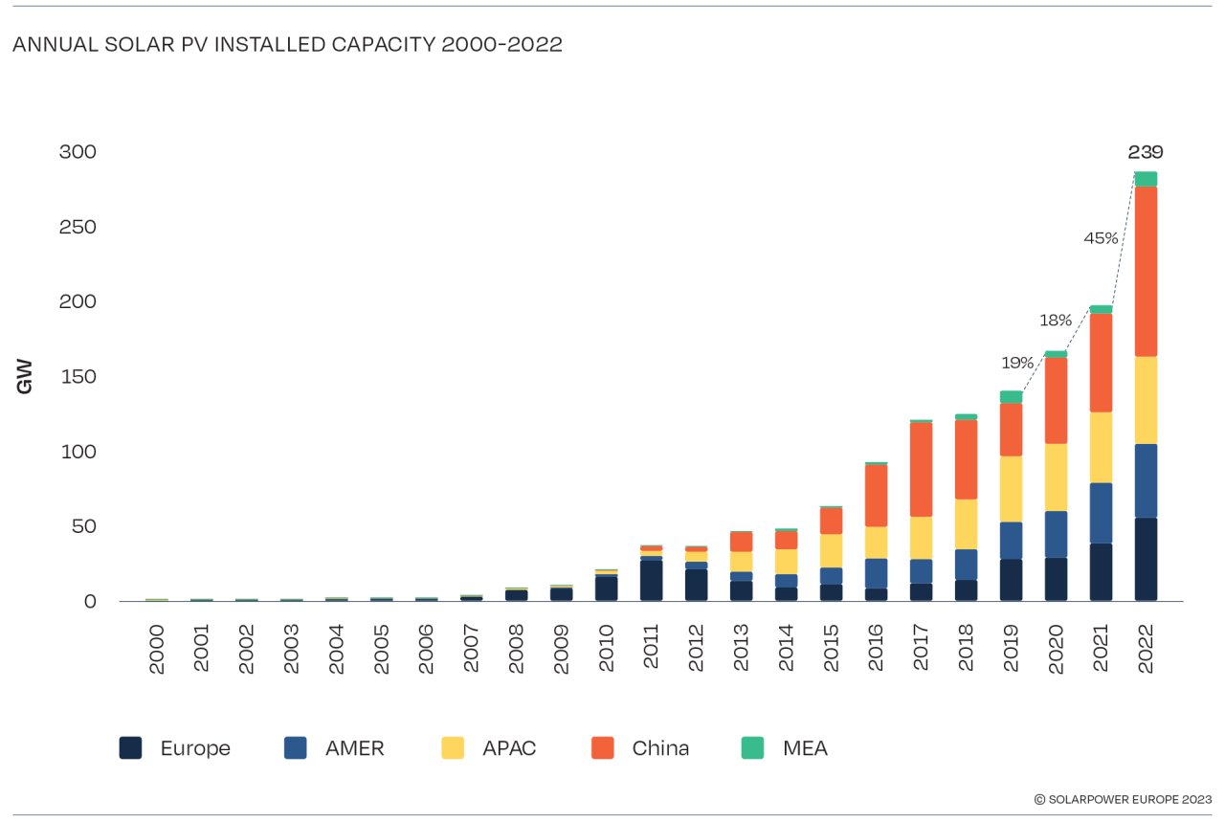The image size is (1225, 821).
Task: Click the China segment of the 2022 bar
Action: [x=1146, y=272]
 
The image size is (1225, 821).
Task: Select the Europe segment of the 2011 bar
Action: [x=652, y=580]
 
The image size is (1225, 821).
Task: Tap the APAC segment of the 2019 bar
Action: [x=1011, y=489]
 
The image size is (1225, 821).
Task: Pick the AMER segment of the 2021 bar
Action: [x=1101, y=513]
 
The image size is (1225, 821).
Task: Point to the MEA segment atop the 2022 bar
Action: [x=1146, y=179]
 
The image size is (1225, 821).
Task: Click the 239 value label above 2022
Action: [x=1145, y=152]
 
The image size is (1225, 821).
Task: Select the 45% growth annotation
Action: [x=1101, y=238]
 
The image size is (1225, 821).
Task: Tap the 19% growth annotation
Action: [x=1017, y=363]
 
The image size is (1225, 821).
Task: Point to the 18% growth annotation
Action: [x=1056, y=321]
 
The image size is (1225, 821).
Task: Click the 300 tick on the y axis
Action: [x=78, y=152]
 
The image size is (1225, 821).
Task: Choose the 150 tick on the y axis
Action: [x=78, y=377]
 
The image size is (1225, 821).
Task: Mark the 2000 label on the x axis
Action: [x=157, y=650]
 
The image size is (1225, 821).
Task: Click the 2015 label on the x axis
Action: [x=831, y=650]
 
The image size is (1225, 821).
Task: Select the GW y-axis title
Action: [x=25, y=376]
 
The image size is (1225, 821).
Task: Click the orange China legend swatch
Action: [x=602, y=748]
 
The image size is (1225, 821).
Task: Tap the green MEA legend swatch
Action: [x=752, y=748]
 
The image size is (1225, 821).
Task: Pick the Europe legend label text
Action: [x=195, y=748]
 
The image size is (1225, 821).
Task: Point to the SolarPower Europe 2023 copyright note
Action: [x=1123, y=799]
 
